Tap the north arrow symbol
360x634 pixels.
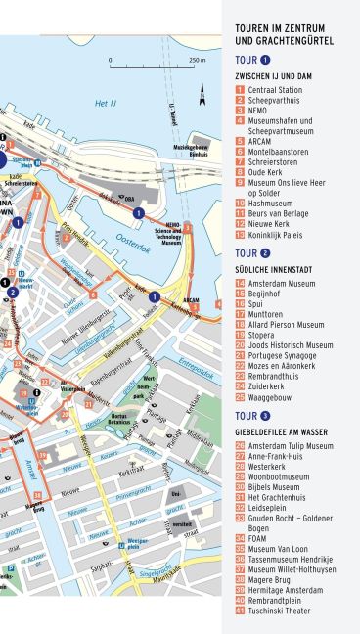point(202,94)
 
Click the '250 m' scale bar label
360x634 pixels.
point(197,60)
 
